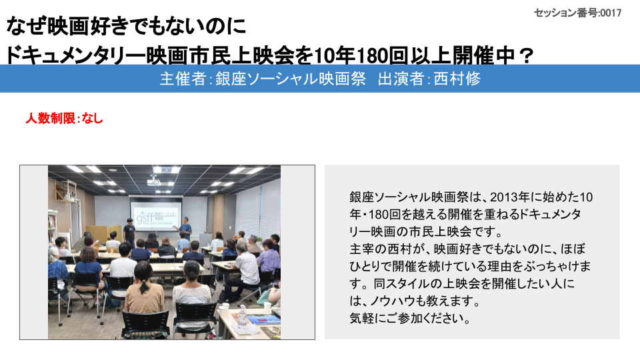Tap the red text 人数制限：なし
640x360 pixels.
pyautogui.click(x=64, y=119)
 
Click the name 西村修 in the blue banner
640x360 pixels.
pyautogui.click(x=457, y=79)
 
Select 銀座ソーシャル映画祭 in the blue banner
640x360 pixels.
pyautogui.click(x=290, y=79)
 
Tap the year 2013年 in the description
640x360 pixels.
pyautogui.click(x=510, y=197)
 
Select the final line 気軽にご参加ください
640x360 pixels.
pyautogui.click(x=410, y=318)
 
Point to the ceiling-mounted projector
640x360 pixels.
pyautogui.click(x=153, y=181)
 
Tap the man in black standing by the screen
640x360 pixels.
pyautogui.click(x=129, y=231)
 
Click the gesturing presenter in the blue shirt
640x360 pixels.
pyautogui.click(x=185, y=227)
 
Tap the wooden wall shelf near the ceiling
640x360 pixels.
pyautogui.click(x=67, y=192)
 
